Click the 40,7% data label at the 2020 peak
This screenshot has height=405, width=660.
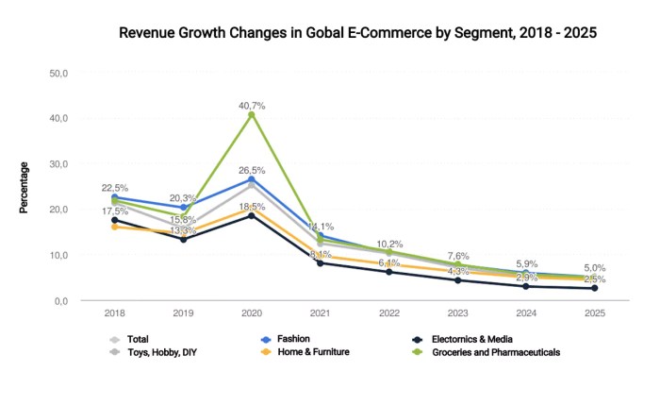[252, 106]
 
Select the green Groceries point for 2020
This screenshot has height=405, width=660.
[252, 115]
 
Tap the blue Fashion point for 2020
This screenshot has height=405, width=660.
[252, 179]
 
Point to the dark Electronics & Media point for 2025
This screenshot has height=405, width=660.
[595, 288]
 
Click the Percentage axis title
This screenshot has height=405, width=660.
[25, 187]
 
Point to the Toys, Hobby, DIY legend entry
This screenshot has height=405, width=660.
[161, 352]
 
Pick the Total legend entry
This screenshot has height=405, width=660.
[137, 338]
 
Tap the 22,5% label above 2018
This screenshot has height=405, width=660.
[114, 188]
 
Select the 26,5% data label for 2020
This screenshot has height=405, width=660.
[252, 170]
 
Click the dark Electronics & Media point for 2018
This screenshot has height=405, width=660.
[114, 221]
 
